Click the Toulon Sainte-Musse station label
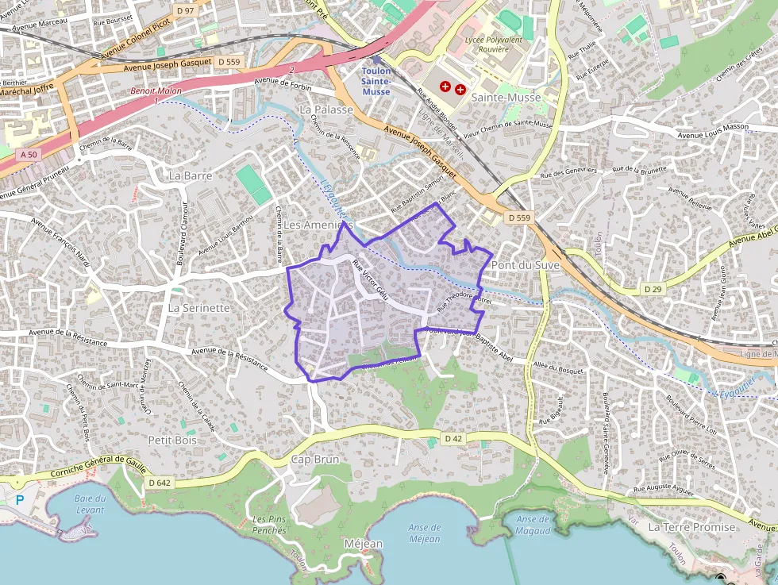pos(376,81)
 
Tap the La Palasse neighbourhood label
pos(325,109)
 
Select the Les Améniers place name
pos(318,225)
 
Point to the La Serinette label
pos(199,307)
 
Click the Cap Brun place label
pos(315,460)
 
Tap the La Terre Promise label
pos(692,526)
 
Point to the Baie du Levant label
pos(90,504)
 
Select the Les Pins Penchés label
pos(268,525)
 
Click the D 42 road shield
pos(453,438)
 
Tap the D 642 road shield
pos(160,482)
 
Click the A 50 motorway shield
pos(29,154)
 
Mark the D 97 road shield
pos(185,10)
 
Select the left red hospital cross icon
pos(445,86)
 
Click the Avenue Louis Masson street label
pos(713,126)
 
